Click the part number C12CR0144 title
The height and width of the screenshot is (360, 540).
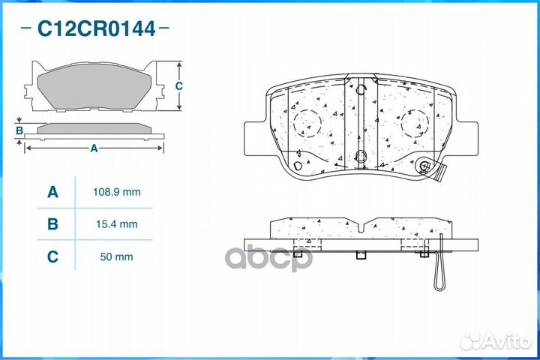(97, 29)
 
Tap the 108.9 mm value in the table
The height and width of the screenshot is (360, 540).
(115, 192)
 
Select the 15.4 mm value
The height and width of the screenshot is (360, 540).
(115, 224)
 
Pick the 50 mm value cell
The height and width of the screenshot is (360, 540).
(115, 256)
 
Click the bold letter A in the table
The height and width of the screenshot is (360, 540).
(52, 193)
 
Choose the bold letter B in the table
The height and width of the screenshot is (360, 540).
(52, 224)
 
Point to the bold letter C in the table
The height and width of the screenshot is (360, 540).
(52, 256)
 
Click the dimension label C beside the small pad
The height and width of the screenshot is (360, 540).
(178, 86)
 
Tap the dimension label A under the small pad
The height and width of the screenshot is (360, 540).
(94, 148)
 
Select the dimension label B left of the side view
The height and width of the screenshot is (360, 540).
(19, 131)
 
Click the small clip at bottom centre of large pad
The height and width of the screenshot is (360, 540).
(360, 157)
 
